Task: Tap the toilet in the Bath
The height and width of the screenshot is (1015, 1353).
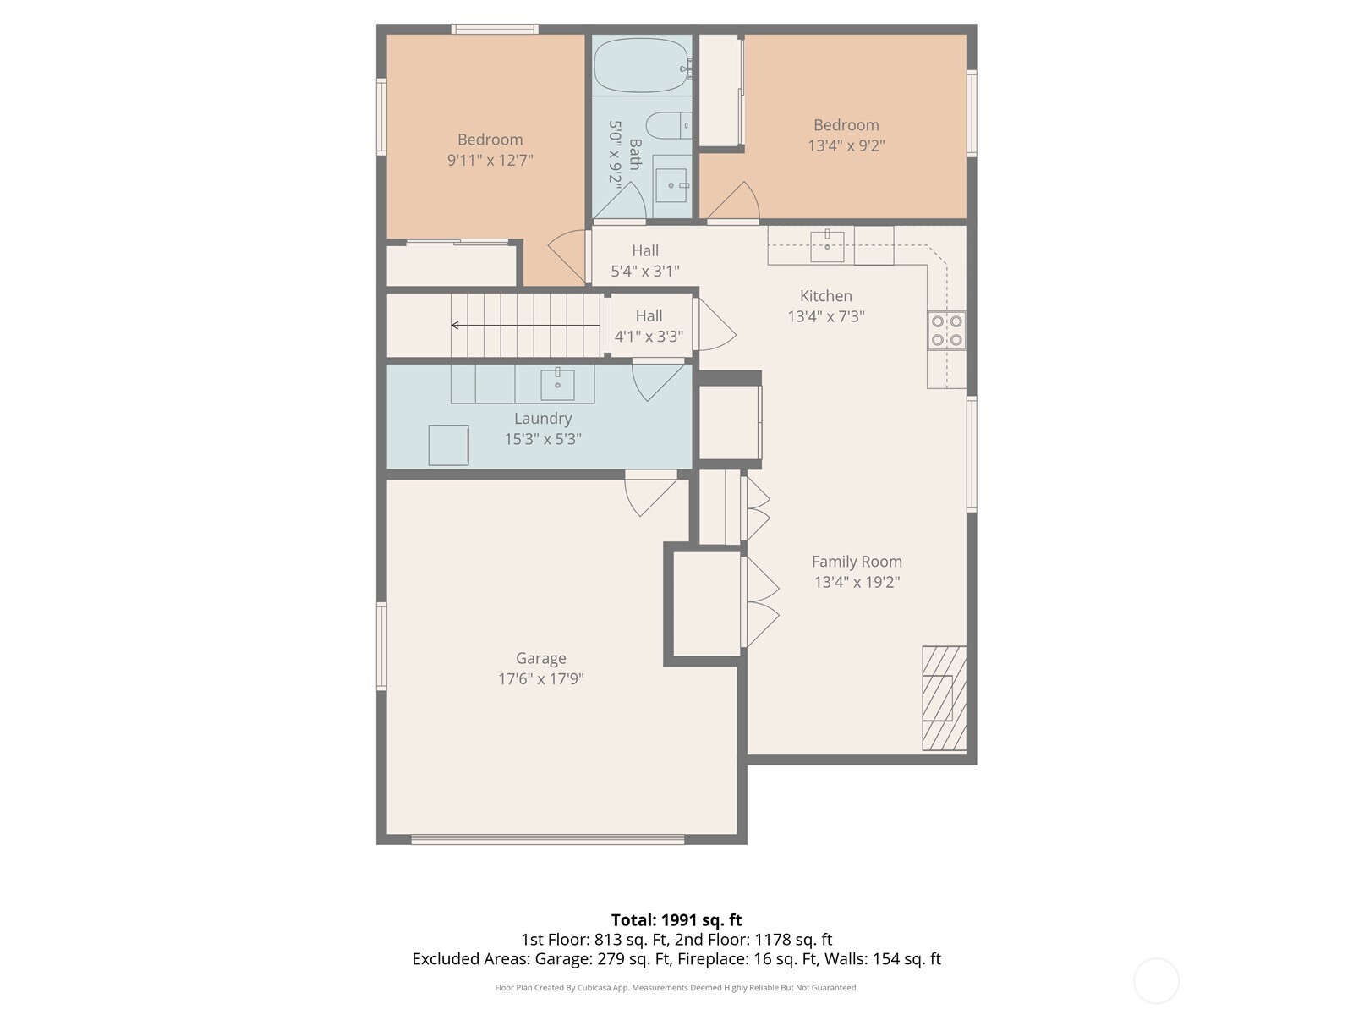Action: [x=674, y=125]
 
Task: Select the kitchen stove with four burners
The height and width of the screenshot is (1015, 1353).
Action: [x=946, y=331]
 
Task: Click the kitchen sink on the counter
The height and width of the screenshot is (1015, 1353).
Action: [x=827, y=246]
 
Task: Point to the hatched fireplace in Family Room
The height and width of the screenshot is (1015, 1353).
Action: [x=944, y=699]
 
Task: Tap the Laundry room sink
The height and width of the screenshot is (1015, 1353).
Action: [x=557, y=384]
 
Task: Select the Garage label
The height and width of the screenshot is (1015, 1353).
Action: [x=541, y=658]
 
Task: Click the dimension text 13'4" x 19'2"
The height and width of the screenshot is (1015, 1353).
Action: [x=857, y=582]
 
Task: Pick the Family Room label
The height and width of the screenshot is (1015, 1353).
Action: [x=857, y=562]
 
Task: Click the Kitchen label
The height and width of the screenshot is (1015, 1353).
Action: [x=826, y=296]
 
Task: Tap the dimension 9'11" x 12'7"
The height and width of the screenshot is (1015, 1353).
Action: [x=490, y=160]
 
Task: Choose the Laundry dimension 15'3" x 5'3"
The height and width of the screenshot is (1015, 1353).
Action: [x=543, y=439]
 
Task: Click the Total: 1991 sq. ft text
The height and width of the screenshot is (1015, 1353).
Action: [x=676, y=920]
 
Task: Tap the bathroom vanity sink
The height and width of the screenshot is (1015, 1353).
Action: [x=672, y=184]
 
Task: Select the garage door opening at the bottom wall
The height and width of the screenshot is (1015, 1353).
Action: [x=547, y=840]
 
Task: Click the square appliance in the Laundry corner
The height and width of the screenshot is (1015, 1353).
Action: [x=448, y=445]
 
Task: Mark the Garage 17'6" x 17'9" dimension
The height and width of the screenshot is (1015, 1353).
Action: [x=541, y=678]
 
